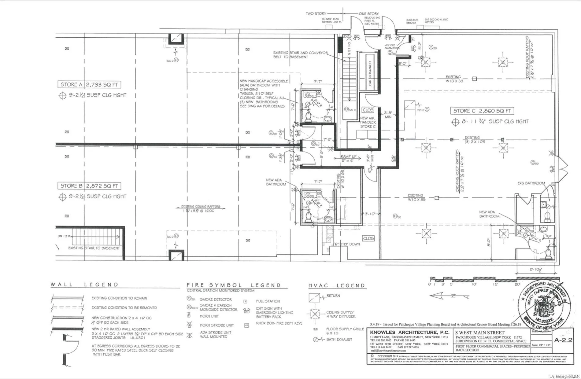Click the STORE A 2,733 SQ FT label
point(89,85)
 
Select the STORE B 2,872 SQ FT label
point(89,186)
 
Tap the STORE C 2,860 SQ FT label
point(482,111)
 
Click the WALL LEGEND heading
point(84,285)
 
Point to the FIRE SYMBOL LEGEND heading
point(234,285)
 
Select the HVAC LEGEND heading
point(337,285)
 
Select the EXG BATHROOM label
point(531,183)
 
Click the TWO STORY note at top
point(316,14)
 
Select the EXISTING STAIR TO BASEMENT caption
point(94,248)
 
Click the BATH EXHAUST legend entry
point(339,339)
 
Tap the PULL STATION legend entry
point(268,301)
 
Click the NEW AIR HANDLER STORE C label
point(368,122)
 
